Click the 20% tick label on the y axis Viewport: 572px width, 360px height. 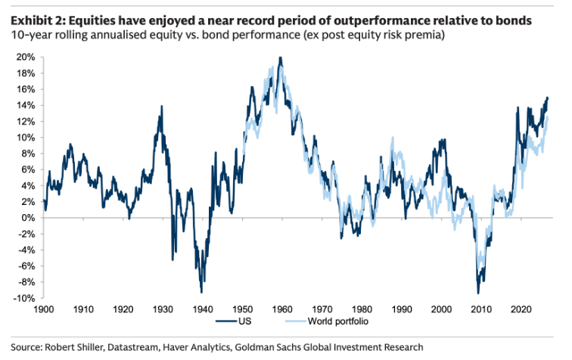pyautogui.click(x=26, y=57)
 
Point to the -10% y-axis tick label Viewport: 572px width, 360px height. pyautogui.click(x=24, y=298)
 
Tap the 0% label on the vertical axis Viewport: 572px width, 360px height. pyautogui.click(x=28, y=218)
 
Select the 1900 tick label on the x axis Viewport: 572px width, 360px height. pyautogui.click(x=44, y=309)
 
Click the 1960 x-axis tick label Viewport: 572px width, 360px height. pyautogui.click(x=282, y=309)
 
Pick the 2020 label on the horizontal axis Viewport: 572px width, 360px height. pyautogui.click(x=521, y=309)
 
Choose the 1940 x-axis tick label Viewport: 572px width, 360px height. pyautogui.click(x=203, y=309)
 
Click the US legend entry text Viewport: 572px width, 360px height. pyautogui.click(x=245, y=321)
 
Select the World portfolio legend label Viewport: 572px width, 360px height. pyautogui.click(x=338, y=321)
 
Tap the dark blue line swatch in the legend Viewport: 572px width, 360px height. pyautogui.click(x=226, y=321)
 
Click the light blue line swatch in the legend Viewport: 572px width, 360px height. pyautogui.click(x=296, y=321)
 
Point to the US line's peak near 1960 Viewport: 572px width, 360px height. pyautogui.click(x=280, y=57)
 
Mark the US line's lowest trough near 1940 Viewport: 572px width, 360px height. pyautogui.click(x=201, y=293)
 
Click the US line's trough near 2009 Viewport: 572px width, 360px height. pyautogui.click(x=478, y=293)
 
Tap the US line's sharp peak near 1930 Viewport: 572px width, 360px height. pyautogui.click(x=162, y=106)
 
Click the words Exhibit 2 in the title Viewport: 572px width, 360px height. pyautogui.click(x=38, y=20)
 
